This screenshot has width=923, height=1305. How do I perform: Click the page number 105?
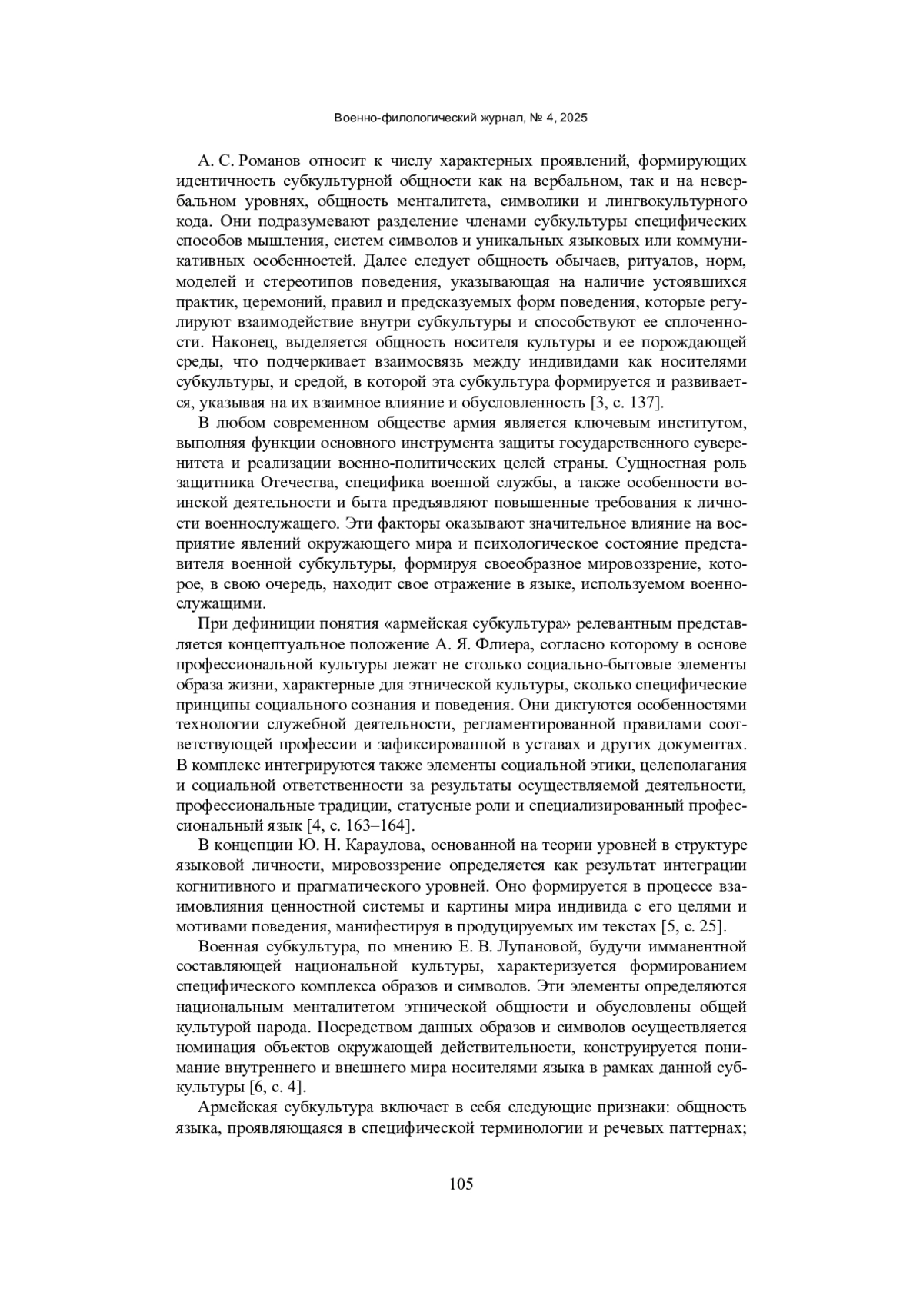tap(461, 1184)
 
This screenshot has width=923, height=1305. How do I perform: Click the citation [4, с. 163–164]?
tap(361, 825)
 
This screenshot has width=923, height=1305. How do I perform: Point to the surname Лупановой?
tap(545, 946)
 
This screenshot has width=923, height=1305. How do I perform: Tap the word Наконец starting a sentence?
tap(238, 342)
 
